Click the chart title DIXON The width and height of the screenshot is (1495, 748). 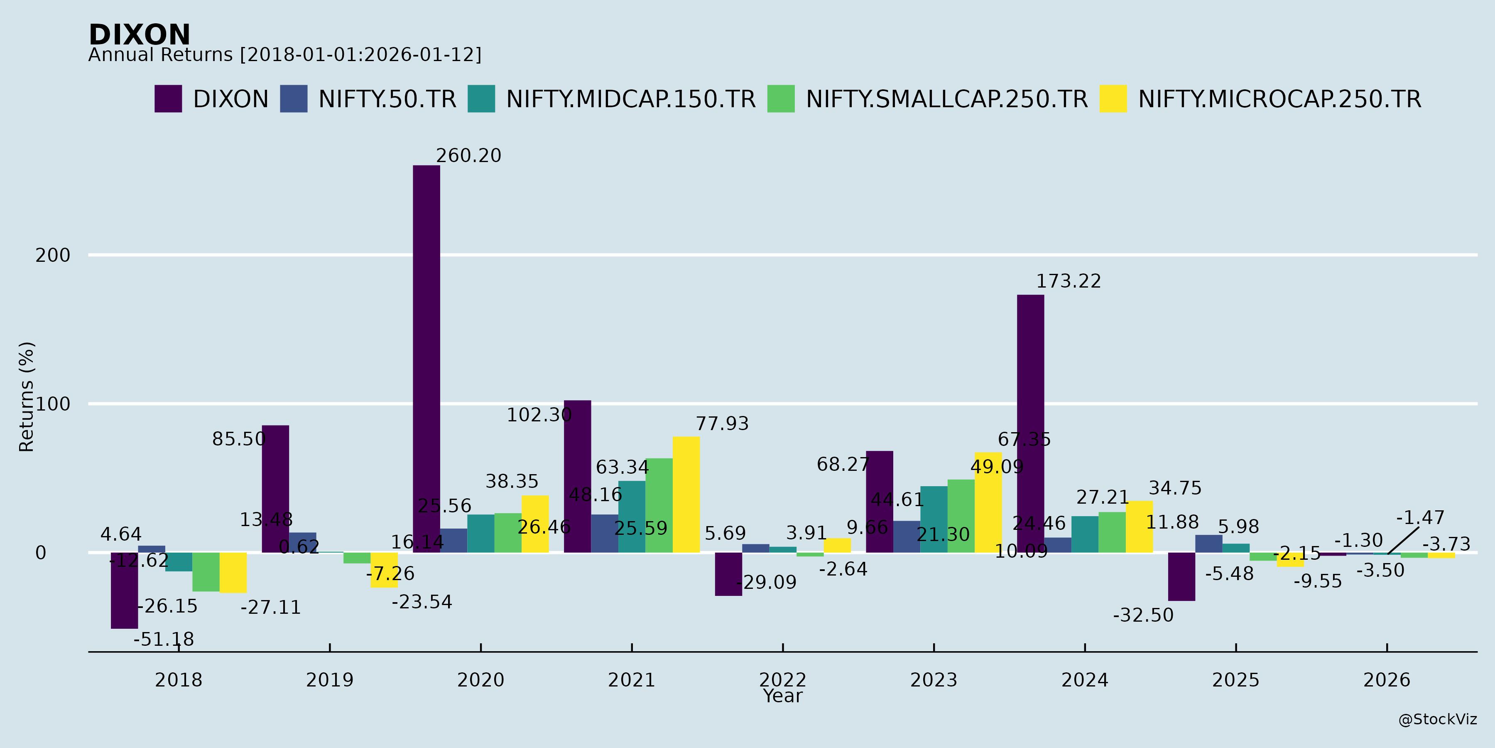139,35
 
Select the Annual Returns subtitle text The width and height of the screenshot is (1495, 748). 284,55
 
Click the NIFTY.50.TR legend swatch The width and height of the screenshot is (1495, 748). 293,99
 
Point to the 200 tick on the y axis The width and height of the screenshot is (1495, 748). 53,255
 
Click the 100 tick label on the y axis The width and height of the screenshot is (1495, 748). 53,404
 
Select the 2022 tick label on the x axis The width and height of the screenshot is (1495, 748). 782,679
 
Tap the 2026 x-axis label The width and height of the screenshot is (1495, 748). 1387,679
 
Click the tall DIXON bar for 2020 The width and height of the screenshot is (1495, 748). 426,359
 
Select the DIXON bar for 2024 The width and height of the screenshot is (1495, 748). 1030,423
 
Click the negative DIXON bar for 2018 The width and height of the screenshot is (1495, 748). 124,590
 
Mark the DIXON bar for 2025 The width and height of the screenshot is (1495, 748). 1181,577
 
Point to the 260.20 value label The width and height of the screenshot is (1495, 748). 468,156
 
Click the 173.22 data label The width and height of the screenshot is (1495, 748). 1069,281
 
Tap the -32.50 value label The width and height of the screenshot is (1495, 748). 1143,615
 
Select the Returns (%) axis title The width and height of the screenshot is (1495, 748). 27,397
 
